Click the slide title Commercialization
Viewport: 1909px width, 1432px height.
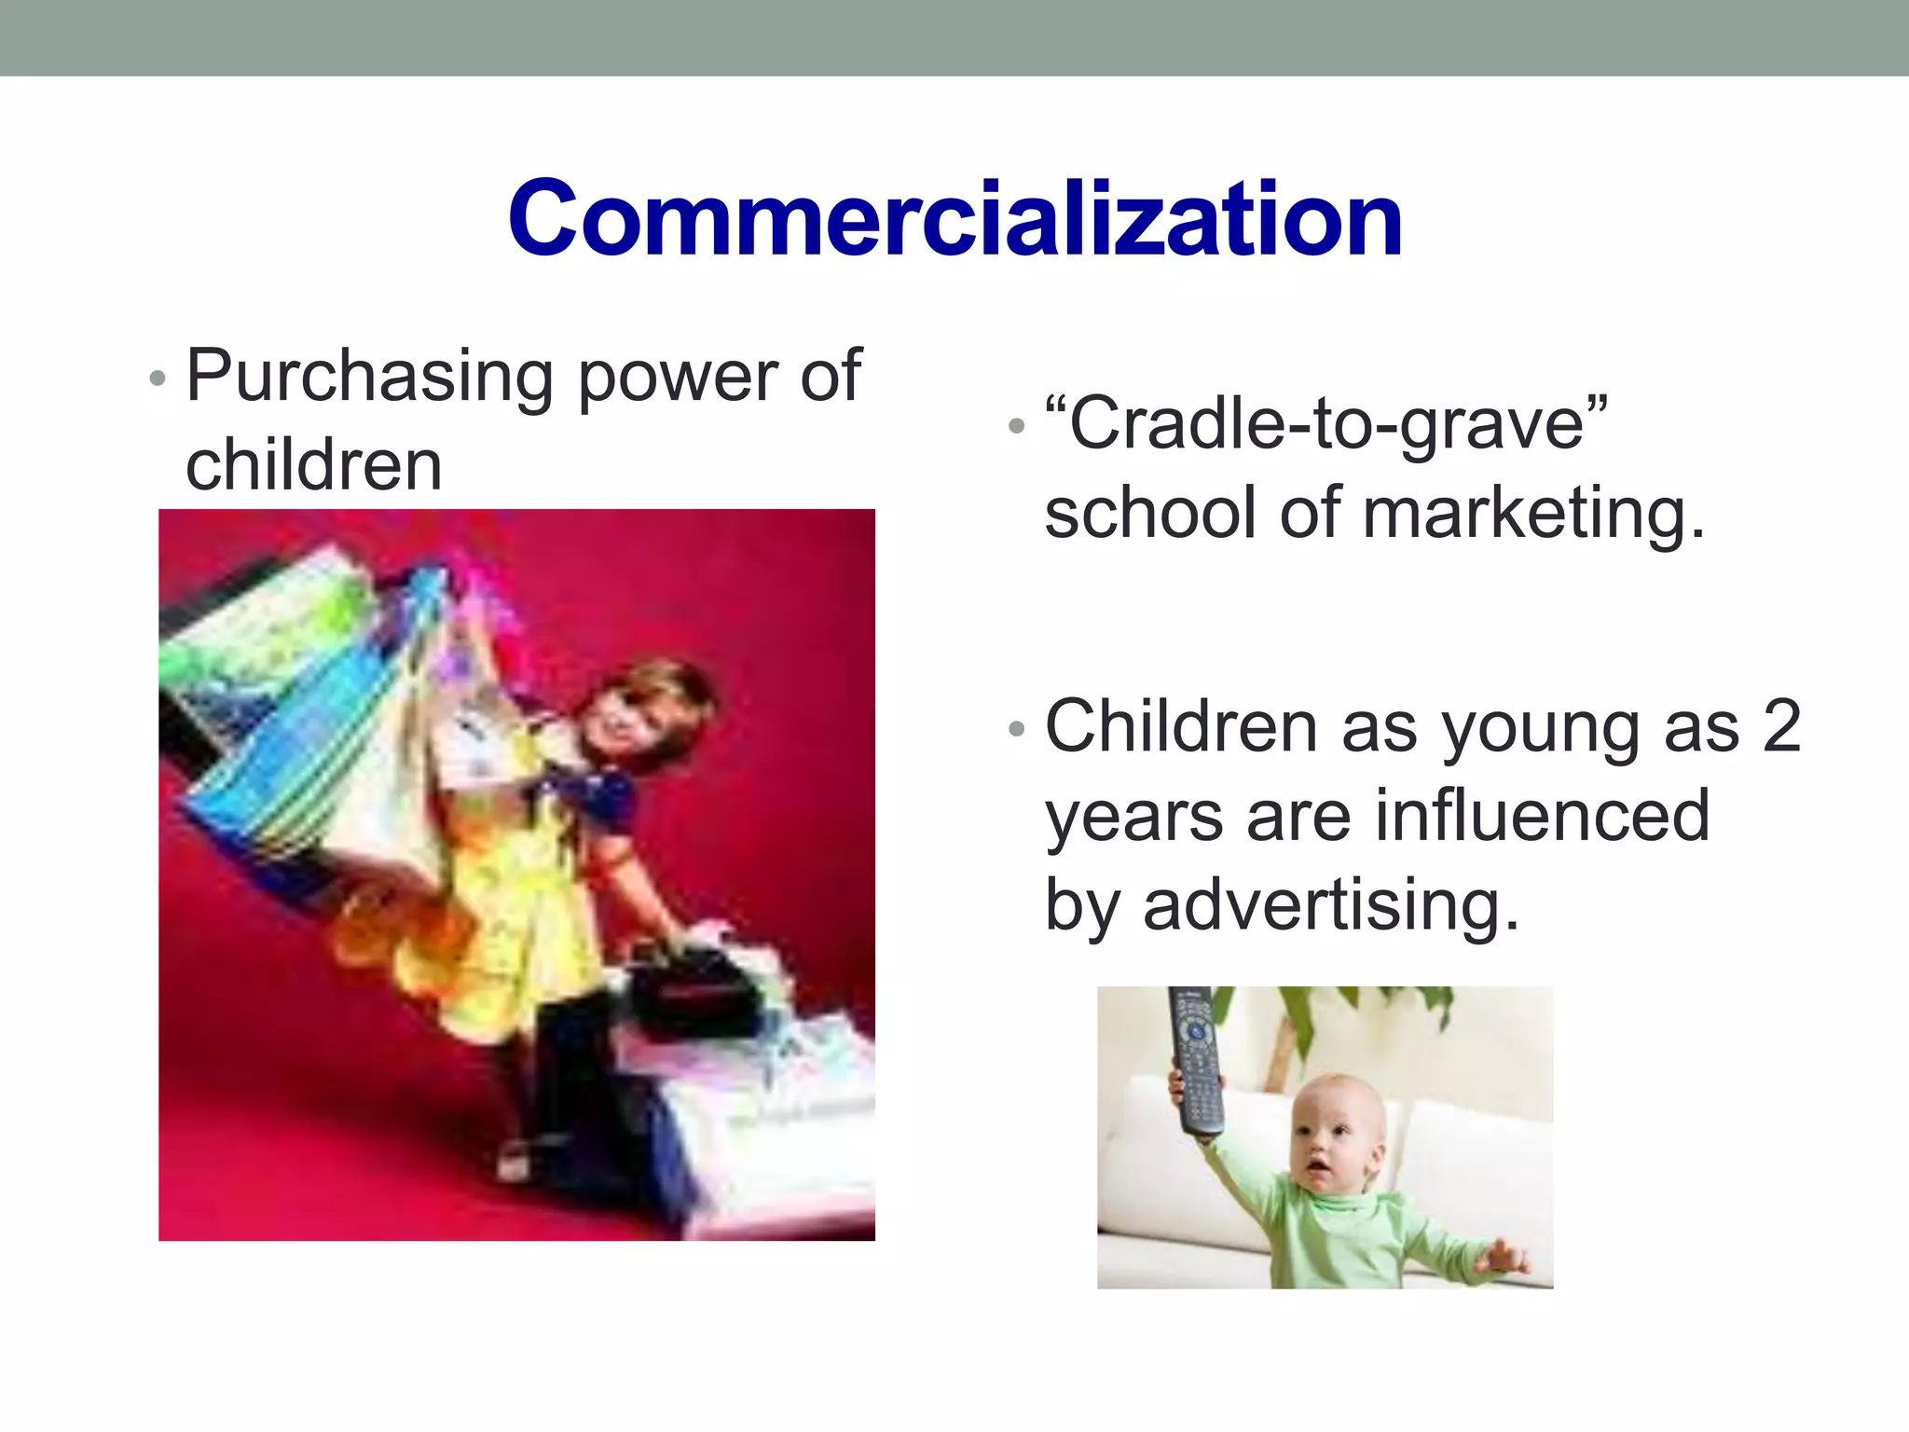click(x=954, y=220)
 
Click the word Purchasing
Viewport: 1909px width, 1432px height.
click(x=369, y=378)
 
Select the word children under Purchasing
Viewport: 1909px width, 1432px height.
click(x=313, y=465)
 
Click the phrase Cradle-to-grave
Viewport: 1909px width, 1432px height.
click(x=1325, y=425)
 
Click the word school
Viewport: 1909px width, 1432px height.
click(x=1151, y=514)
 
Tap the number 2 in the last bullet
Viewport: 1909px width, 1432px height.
click(x=1781, y=726)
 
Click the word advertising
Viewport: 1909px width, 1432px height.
click(x=1331, y=905)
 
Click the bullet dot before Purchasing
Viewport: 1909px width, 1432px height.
click(x=158, y=379)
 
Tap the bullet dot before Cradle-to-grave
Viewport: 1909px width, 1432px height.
click(x=1017, y=427)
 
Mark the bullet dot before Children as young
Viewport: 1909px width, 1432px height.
click(x=1017, y=728)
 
